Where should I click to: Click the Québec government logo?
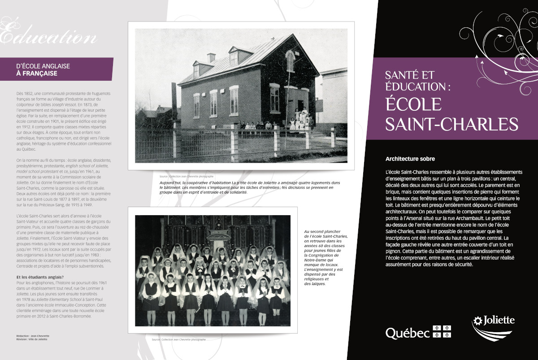[418, 332]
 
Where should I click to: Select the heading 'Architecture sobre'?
[410, 159]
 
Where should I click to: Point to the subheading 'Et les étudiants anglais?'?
[39, 277]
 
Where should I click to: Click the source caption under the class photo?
[178, 340]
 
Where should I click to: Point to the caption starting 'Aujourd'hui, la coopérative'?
[248, 187]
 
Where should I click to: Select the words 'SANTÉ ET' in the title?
[409, 75]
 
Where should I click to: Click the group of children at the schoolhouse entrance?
[298, 119]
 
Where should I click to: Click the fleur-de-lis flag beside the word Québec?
[442, 332]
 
